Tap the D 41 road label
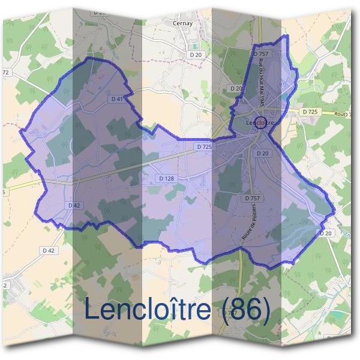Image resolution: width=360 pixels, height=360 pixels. [118, 98]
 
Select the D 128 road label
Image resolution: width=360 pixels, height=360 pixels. [166, 179]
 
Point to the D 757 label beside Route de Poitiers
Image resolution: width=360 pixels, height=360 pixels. [253, 197]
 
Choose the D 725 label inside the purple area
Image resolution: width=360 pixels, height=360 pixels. [203, 147]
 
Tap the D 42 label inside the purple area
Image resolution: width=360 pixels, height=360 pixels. [74, 205]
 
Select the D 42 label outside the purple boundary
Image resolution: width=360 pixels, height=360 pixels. [49, 250]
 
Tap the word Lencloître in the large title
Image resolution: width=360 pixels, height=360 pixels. [148, 310]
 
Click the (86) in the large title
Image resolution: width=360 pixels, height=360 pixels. [243, 310]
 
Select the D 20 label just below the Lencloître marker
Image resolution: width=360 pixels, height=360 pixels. [262, 154]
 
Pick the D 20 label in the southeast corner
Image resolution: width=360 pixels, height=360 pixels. [326, 233]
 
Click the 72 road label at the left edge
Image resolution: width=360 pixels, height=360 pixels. [6, 73]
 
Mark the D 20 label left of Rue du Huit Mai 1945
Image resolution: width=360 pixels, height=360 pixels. [236, 89]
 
